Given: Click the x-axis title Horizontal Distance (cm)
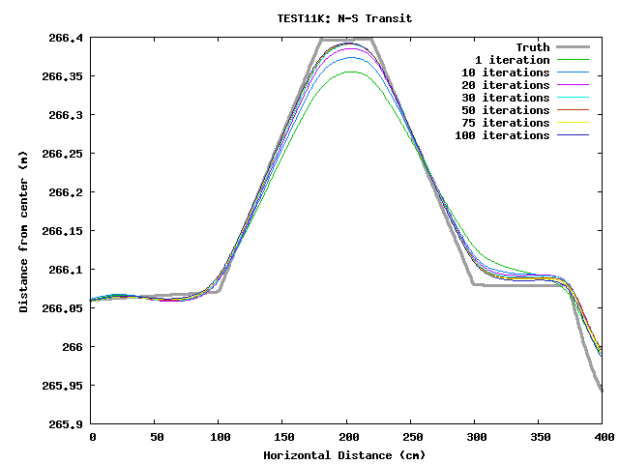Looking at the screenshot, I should point(345,454).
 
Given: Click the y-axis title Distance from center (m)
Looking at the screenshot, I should point(23,230).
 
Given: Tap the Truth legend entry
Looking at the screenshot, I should point(532,47).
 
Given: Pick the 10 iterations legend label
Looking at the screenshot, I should point(505,72).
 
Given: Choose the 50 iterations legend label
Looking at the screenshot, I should point(505,110).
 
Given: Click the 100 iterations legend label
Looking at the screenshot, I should point(501,135).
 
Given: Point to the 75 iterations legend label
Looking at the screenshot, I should point(505,123).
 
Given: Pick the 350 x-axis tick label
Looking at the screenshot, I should point(538,437).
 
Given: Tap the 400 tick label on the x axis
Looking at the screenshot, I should point(602,437).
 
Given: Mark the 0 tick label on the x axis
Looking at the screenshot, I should point(92,437).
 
